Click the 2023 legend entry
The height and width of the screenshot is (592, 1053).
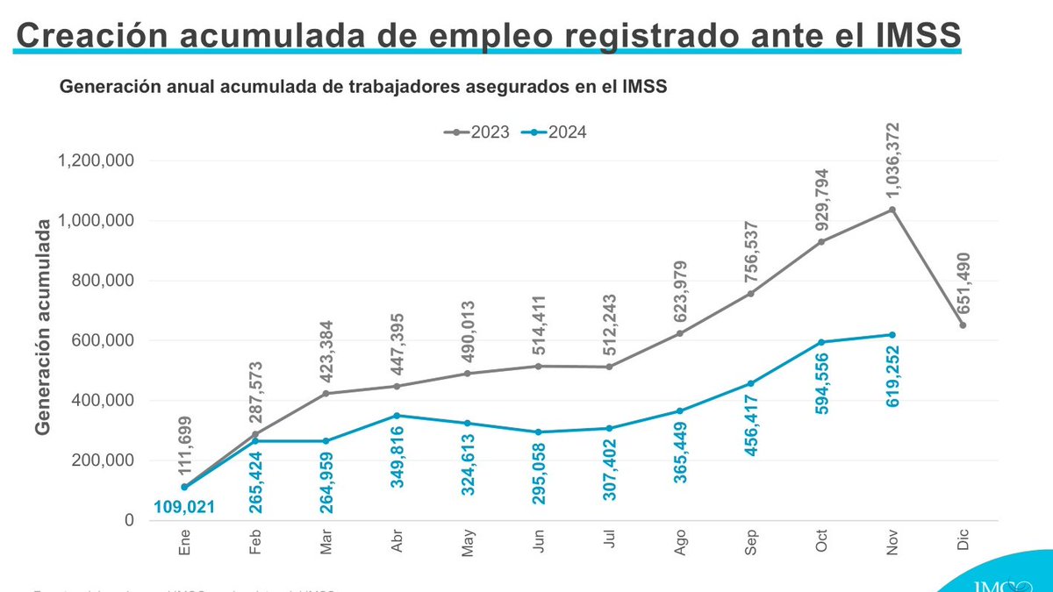point(476,132)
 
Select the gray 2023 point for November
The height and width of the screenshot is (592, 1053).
point(892,210)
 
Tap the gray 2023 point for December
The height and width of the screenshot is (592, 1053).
point(963,325)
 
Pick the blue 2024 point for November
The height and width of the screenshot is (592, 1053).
point(892,334)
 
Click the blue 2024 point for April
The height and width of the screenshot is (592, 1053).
point(397,415)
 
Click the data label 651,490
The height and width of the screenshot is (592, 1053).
point(963,276)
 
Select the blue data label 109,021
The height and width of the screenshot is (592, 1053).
point(183,506)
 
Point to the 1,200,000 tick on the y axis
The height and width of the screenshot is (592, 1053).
point(97,160)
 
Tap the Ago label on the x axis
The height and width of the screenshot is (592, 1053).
point(681,545)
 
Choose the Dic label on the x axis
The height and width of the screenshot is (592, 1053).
point(963,543)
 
